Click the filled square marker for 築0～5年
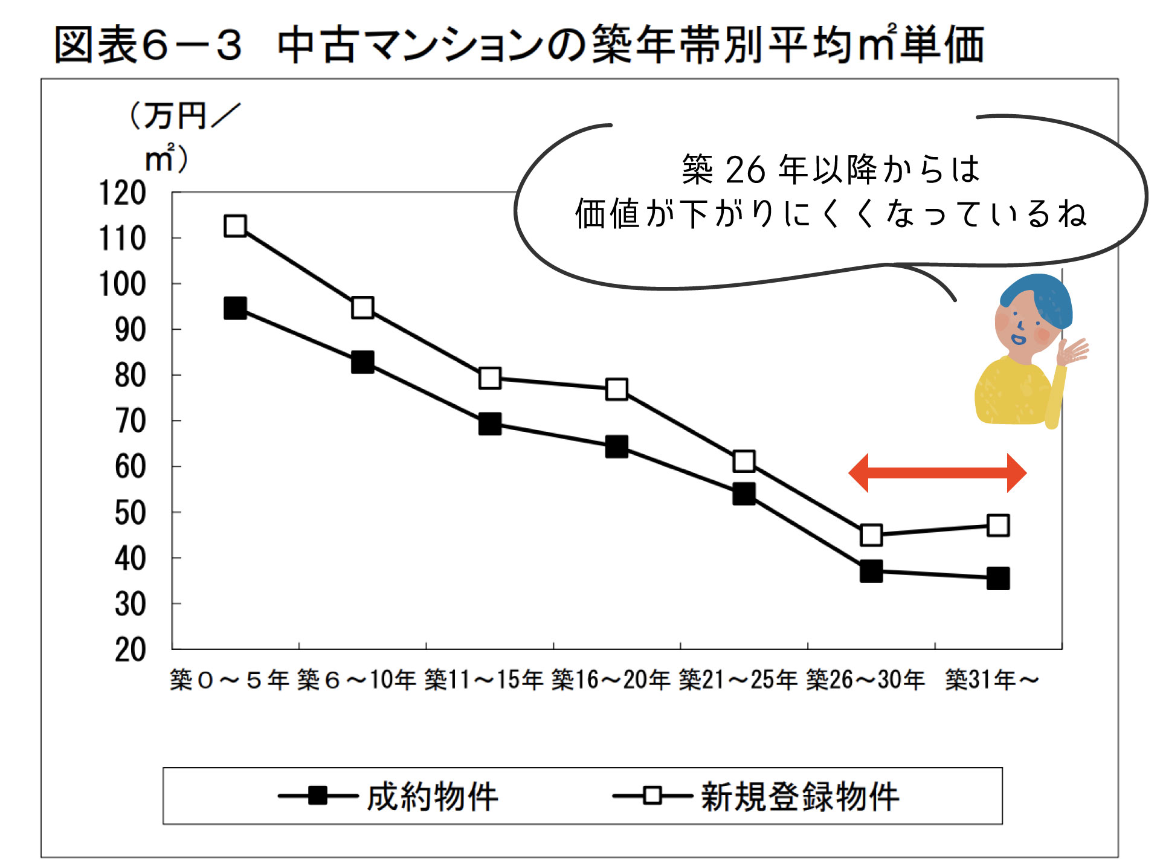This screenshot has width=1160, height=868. click(235, 308)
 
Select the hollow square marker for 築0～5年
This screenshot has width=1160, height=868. click(235, 226)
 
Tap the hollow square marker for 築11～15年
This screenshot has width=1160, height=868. click(489, 378)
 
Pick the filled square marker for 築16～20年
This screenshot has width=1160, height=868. click(616, 447)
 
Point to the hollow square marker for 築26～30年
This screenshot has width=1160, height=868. click(871, 535)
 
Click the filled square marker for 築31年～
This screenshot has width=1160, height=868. click(998, 578)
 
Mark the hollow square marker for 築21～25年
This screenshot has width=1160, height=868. click(744, 461)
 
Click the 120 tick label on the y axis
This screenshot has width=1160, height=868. click(122, 193)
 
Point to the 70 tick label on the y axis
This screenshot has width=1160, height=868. click(130, 421)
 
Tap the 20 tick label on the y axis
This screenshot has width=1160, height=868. click(130, 650)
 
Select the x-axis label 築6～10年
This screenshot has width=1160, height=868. click(356, 680)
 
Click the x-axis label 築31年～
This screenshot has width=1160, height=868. click(992, 680)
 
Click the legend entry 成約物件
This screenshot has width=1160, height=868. click(432, 796)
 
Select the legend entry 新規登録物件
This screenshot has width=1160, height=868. click(799, 796)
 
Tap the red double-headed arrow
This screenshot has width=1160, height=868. click(937, 473)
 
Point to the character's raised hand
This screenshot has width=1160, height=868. click(1072, 352)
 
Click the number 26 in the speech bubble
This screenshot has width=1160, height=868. click(745, 170)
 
